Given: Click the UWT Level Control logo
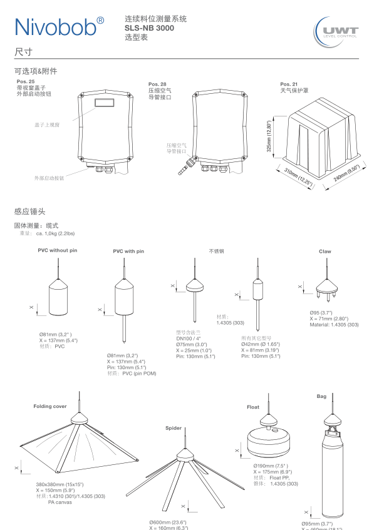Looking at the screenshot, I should (340, 31).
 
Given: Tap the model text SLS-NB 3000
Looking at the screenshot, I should (149, 28).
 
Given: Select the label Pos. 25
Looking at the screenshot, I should (26, 81).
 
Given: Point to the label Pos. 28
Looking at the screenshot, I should (157, 84).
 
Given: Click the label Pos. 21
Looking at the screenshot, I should (289, 84).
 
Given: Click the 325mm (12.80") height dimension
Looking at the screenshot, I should (269, 136).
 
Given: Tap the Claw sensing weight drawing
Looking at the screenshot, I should (325, 287).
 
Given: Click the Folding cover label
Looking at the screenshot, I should (50, 407).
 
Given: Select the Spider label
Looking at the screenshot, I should (174, 428).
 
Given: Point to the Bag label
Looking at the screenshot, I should (321, 396).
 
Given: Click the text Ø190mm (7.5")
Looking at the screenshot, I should (271, 466).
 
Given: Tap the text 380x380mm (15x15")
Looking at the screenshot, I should (60, 485).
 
